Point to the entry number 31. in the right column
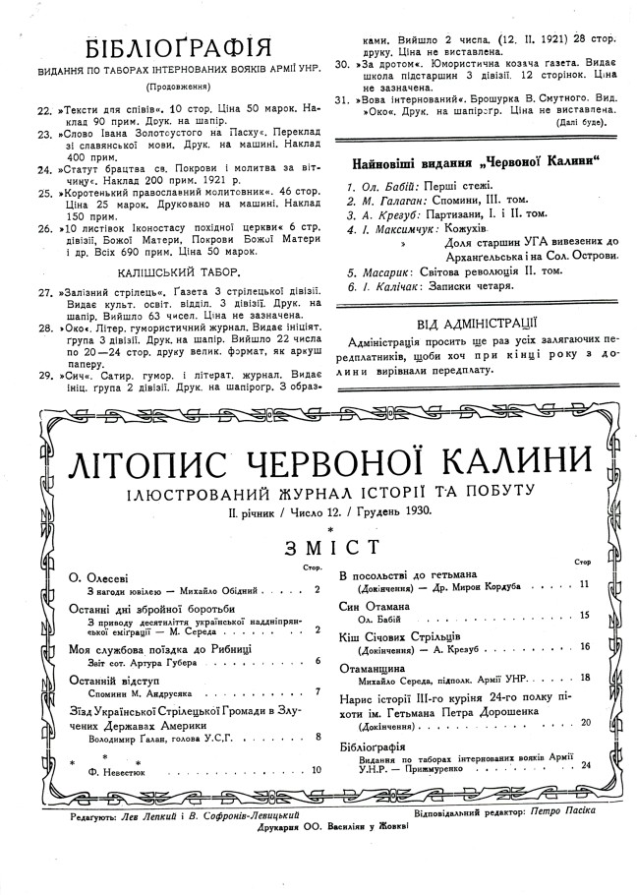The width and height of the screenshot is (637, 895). point(342,99)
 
